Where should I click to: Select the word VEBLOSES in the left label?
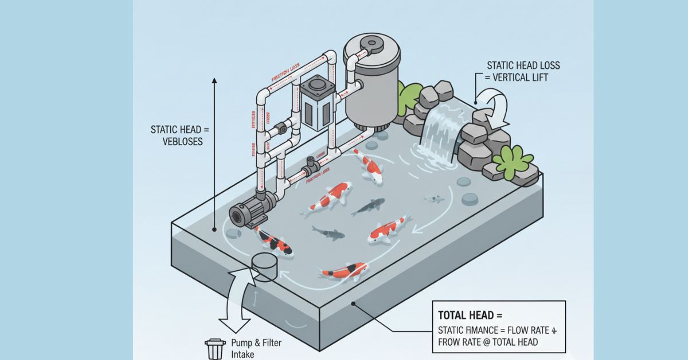(x=183, y=141)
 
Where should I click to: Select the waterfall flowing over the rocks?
(x=439, y=132)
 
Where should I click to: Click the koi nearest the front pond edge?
(x=344, y=271)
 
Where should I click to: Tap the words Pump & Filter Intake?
(x=256, y=347)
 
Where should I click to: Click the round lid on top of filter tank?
(x=372, y=44)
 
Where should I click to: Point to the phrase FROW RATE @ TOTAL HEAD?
(x=487, y=342)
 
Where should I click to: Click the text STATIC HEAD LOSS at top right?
(x=523, y=65)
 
